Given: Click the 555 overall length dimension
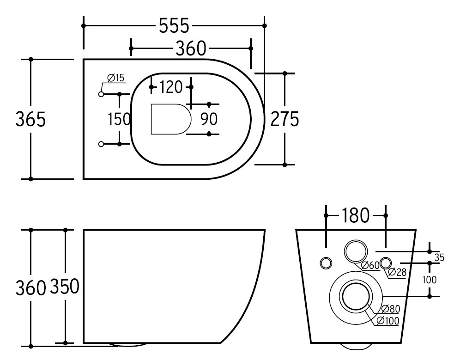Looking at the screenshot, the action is [x=174, y=25].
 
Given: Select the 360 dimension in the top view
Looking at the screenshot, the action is [x=191, y=49].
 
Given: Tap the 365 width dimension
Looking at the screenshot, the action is [x=30, y=119].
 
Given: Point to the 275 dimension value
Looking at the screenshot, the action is [x=285, y=119].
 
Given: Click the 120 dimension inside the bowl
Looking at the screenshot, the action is [x=171, y=87].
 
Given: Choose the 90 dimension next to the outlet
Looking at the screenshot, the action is [x=209, y=119].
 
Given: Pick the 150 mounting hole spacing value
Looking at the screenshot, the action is [x=119, y=119].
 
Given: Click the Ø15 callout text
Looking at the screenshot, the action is [x=115, y=78].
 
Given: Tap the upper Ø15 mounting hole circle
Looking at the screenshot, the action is [x=101, y=94].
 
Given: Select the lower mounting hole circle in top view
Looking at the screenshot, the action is [x=101, y=144].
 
